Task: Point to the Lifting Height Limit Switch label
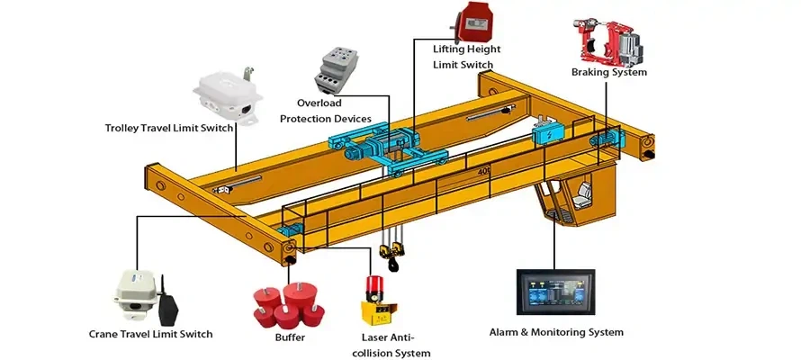pos(466,56)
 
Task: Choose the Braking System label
pos(608,73)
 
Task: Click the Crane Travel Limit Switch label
pos(151,334)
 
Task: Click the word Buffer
pos(290,337)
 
